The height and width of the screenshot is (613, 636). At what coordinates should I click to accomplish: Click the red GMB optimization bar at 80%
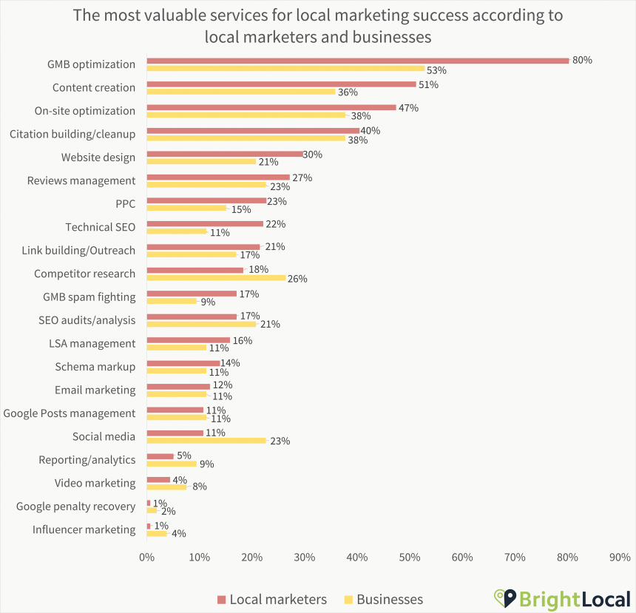coord(357,61)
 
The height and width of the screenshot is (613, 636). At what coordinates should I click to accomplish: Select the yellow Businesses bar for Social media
coord(206,441)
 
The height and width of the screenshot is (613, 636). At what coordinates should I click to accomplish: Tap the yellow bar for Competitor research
coord(216,278)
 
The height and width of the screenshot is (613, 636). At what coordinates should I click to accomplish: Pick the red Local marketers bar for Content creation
coord(281,84)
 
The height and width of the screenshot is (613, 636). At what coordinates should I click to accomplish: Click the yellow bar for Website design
coord(201,161)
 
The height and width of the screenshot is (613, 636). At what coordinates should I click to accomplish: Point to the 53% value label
coord(437,70)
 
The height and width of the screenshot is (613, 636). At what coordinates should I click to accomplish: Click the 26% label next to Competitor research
coord(297,279)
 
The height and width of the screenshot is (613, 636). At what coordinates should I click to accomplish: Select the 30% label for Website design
coord(314,154)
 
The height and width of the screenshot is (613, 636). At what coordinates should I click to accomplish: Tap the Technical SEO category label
coord(100,227)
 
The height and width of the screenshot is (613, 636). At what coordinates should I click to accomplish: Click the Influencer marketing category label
coord(84,529)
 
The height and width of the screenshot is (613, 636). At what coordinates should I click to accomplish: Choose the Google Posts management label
coord(70,413)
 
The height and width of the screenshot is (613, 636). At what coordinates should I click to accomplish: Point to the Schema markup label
coord(95,367)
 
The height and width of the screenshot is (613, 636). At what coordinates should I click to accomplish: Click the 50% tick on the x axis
coord(410,558)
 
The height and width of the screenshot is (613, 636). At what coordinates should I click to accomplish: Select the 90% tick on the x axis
coord(620,558)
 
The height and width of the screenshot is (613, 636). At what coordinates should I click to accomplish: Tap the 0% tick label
coord(146,558)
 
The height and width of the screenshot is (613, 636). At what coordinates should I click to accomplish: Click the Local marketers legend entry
coord(271,599)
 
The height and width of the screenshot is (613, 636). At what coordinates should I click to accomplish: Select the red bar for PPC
coord(206,200)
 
